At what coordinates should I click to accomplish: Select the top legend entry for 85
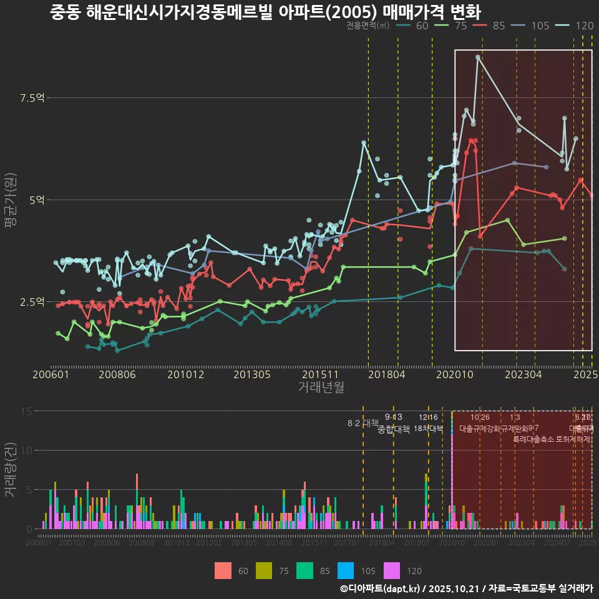[x=490, y=26]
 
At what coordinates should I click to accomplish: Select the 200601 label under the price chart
[x=51, y=375]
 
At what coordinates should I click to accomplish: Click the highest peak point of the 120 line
[x=478, y=57]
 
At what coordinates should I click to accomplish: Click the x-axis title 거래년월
[x=321, y=387]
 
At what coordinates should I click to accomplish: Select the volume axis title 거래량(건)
[x=10, y=470]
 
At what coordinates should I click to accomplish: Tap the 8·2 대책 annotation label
[x=363, y=423]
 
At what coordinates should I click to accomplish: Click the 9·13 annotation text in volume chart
[x=393, y=417]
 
